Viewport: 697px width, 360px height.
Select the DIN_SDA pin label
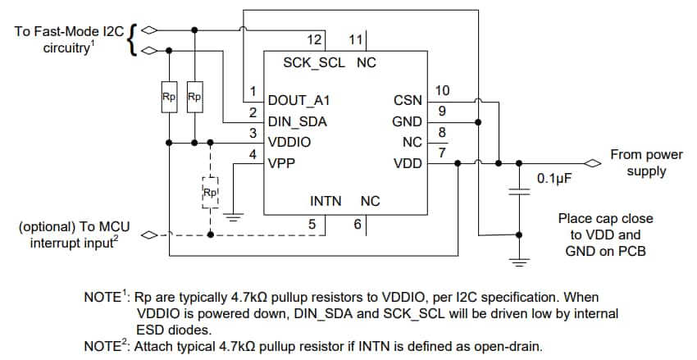[x=297, y=121]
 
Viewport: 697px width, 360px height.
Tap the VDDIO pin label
[x=289, y=142]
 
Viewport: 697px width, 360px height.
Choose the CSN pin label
[x=408, y=101]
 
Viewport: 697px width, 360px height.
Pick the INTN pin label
[x=327, y=201]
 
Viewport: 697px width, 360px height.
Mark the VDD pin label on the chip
[x=408, y=162]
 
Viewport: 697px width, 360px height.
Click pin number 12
[x=315, y=39]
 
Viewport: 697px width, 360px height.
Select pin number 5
[x=312, y=223]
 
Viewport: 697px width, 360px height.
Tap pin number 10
[x=443, y=90]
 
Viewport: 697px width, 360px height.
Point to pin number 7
[x=442, y=152]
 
